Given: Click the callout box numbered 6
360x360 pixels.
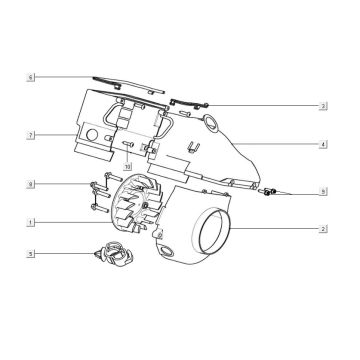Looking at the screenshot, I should coord(31,76).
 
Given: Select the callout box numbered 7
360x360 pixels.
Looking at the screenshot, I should coord(31,133).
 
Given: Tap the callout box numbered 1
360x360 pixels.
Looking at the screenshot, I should coord(31,220).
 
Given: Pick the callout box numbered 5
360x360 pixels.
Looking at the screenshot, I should coord(31,254).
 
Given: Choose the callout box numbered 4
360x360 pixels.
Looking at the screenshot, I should coord(323,144).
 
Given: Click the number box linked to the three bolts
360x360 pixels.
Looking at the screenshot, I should coord(31,184).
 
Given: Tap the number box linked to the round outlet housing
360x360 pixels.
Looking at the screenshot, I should coord(323,229).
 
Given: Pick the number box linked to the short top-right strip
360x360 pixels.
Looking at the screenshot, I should coord(323,105).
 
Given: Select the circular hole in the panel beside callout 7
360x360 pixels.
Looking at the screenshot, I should coord(92,133).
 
